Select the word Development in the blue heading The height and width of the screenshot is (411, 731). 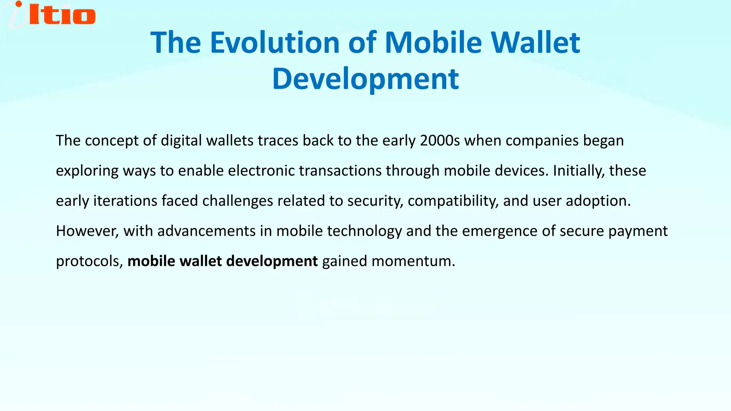(365, 79)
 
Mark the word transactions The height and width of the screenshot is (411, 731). (340, 171)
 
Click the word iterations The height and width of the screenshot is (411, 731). (125, 201)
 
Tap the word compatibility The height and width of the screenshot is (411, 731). (453, 201)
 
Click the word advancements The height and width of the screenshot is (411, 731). (206, 231)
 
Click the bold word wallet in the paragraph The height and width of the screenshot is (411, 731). (201, 261)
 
